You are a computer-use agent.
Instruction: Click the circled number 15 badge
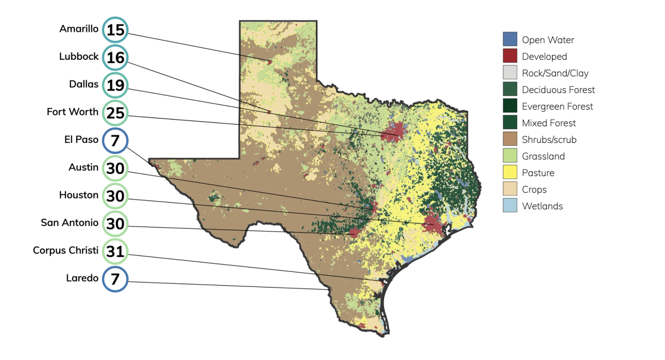[115, 30]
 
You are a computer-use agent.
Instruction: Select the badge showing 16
[115, 57]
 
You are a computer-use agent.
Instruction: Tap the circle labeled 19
[115, 85]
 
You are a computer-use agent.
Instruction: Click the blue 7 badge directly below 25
[115, 141]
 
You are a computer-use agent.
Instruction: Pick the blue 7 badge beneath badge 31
[115, 279]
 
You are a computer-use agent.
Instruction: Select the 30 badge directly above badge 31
[115, 224]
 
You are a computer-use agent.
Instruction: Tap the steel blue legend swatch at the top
[510, 39]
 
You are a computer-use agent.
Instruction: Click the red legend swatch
[510, 55]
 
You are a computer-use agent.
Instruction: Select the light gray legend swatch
[510, 72]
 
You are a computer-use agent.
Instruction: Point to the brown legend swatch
[510, 138]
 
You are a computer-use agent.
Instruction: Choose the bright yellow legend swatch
[510, 172]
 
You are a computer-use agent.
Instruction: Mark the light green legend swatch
[510, 155]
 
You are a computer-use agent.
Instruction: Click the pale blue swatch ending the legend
[510, 205]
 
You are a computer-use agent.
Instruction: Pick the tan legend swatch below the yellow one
[510, 189]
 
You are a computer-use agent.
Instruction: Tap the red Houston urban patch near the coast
[433, 224]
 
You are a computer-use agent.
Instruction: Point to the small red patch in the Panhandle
[270, 61]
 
